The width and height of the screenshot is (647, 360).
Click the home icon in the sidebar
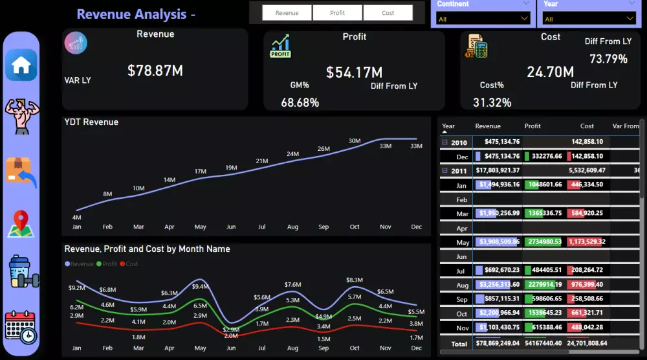(x=21, y=65)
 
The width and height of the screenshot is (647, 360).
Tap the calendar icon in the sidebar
(x=21, y=327)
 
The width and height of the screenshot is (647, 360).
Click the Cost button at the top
(x=388, y=13)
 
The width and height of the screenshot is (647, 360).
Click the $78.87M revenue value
(x=155, y=71)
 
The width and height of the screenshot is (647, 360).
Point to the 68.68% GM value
(x=300, y=102)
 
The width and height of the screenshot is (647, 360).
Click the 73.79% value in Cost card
(x=608, y=59)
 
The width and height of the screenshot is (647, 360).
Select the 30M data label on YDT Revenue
(x=355, y=141)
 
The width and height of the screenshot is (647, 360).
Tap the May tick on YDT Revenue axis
(x=200, y=227)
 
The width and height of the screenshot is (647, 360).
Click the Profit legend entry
(x=107, y=264)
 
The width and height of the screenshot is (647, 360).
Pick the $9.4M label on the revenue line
(x=200, y=286)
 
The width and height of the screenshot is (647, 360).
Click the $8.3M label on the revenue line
(x=354, y=280)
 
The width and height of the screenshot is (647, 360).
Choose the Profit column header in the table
(x=532, y=126)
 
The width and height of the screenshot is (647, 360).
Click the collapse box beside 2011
(x=444, y=171)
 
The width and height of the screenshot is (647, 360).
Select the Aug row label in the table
(x=462, y=285)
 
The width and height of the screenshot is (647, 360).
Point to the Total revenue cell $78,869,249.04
(x=498, y=343)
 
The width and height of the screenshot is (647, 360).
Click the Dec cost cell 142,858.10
(x=587, y=156)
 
